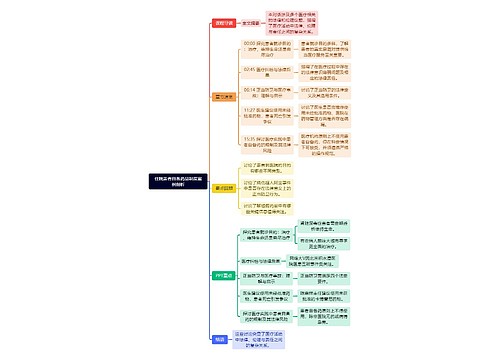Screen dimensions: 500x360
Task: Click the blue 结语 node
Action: [220, 340]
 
